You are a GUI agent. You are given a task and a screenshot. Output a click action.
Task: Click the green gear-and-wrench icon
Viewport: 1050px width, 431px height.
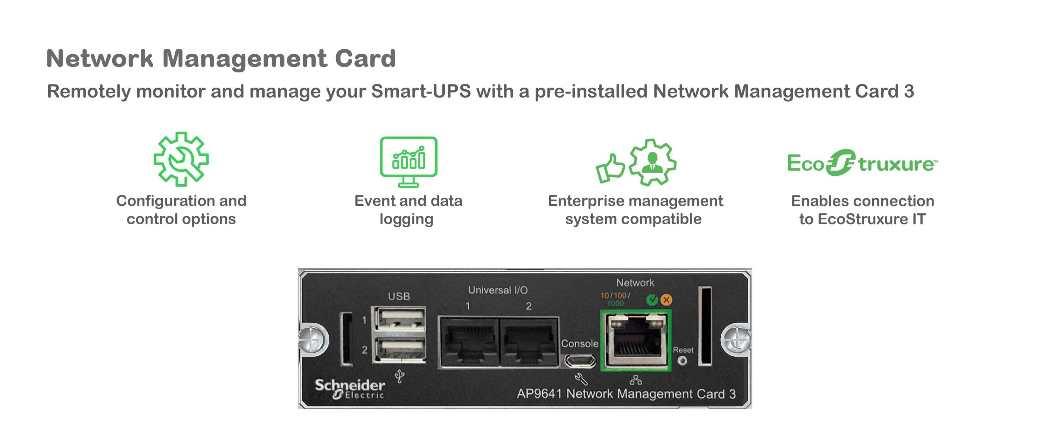pos(181,159)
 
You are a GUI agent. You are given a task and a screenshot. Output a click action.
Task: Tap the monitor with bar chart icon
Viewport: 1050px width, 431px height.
pos(408,161)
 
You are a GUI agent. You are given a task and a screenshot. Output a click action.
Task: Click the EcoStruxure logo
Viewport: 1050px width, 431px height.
pos(862,163)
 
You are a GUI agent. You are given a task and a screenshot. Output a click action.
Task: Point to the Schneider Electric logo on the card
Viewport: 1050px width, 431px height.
pos(350,389)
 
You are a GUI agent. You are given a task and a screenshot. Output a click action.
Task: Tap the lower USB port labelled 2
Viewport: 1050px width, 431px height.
pos(401,350)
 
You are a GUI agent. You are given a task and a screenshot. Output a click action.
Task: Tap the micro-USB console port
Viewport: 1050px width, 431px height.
pos(580,361)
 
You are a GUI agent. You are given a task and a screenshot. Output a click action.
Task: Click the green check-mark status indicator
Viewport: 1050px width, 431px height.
pos(652,300)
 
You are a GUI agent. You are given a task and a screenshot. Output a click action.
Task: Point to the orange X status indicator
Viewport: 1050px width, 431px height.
pos(666,300)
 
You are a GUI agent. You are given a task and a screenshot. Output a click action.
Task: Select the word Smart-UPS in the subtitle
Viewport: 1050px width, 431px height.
pos(421,91)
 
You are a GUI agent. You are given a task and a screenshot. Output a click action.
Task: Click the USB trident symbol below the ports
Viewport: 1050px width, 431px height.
pos(400,376)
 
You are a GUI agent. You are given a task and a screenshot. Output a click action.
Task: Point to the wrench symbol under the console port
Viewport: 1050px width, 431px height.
pos(581,379)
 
